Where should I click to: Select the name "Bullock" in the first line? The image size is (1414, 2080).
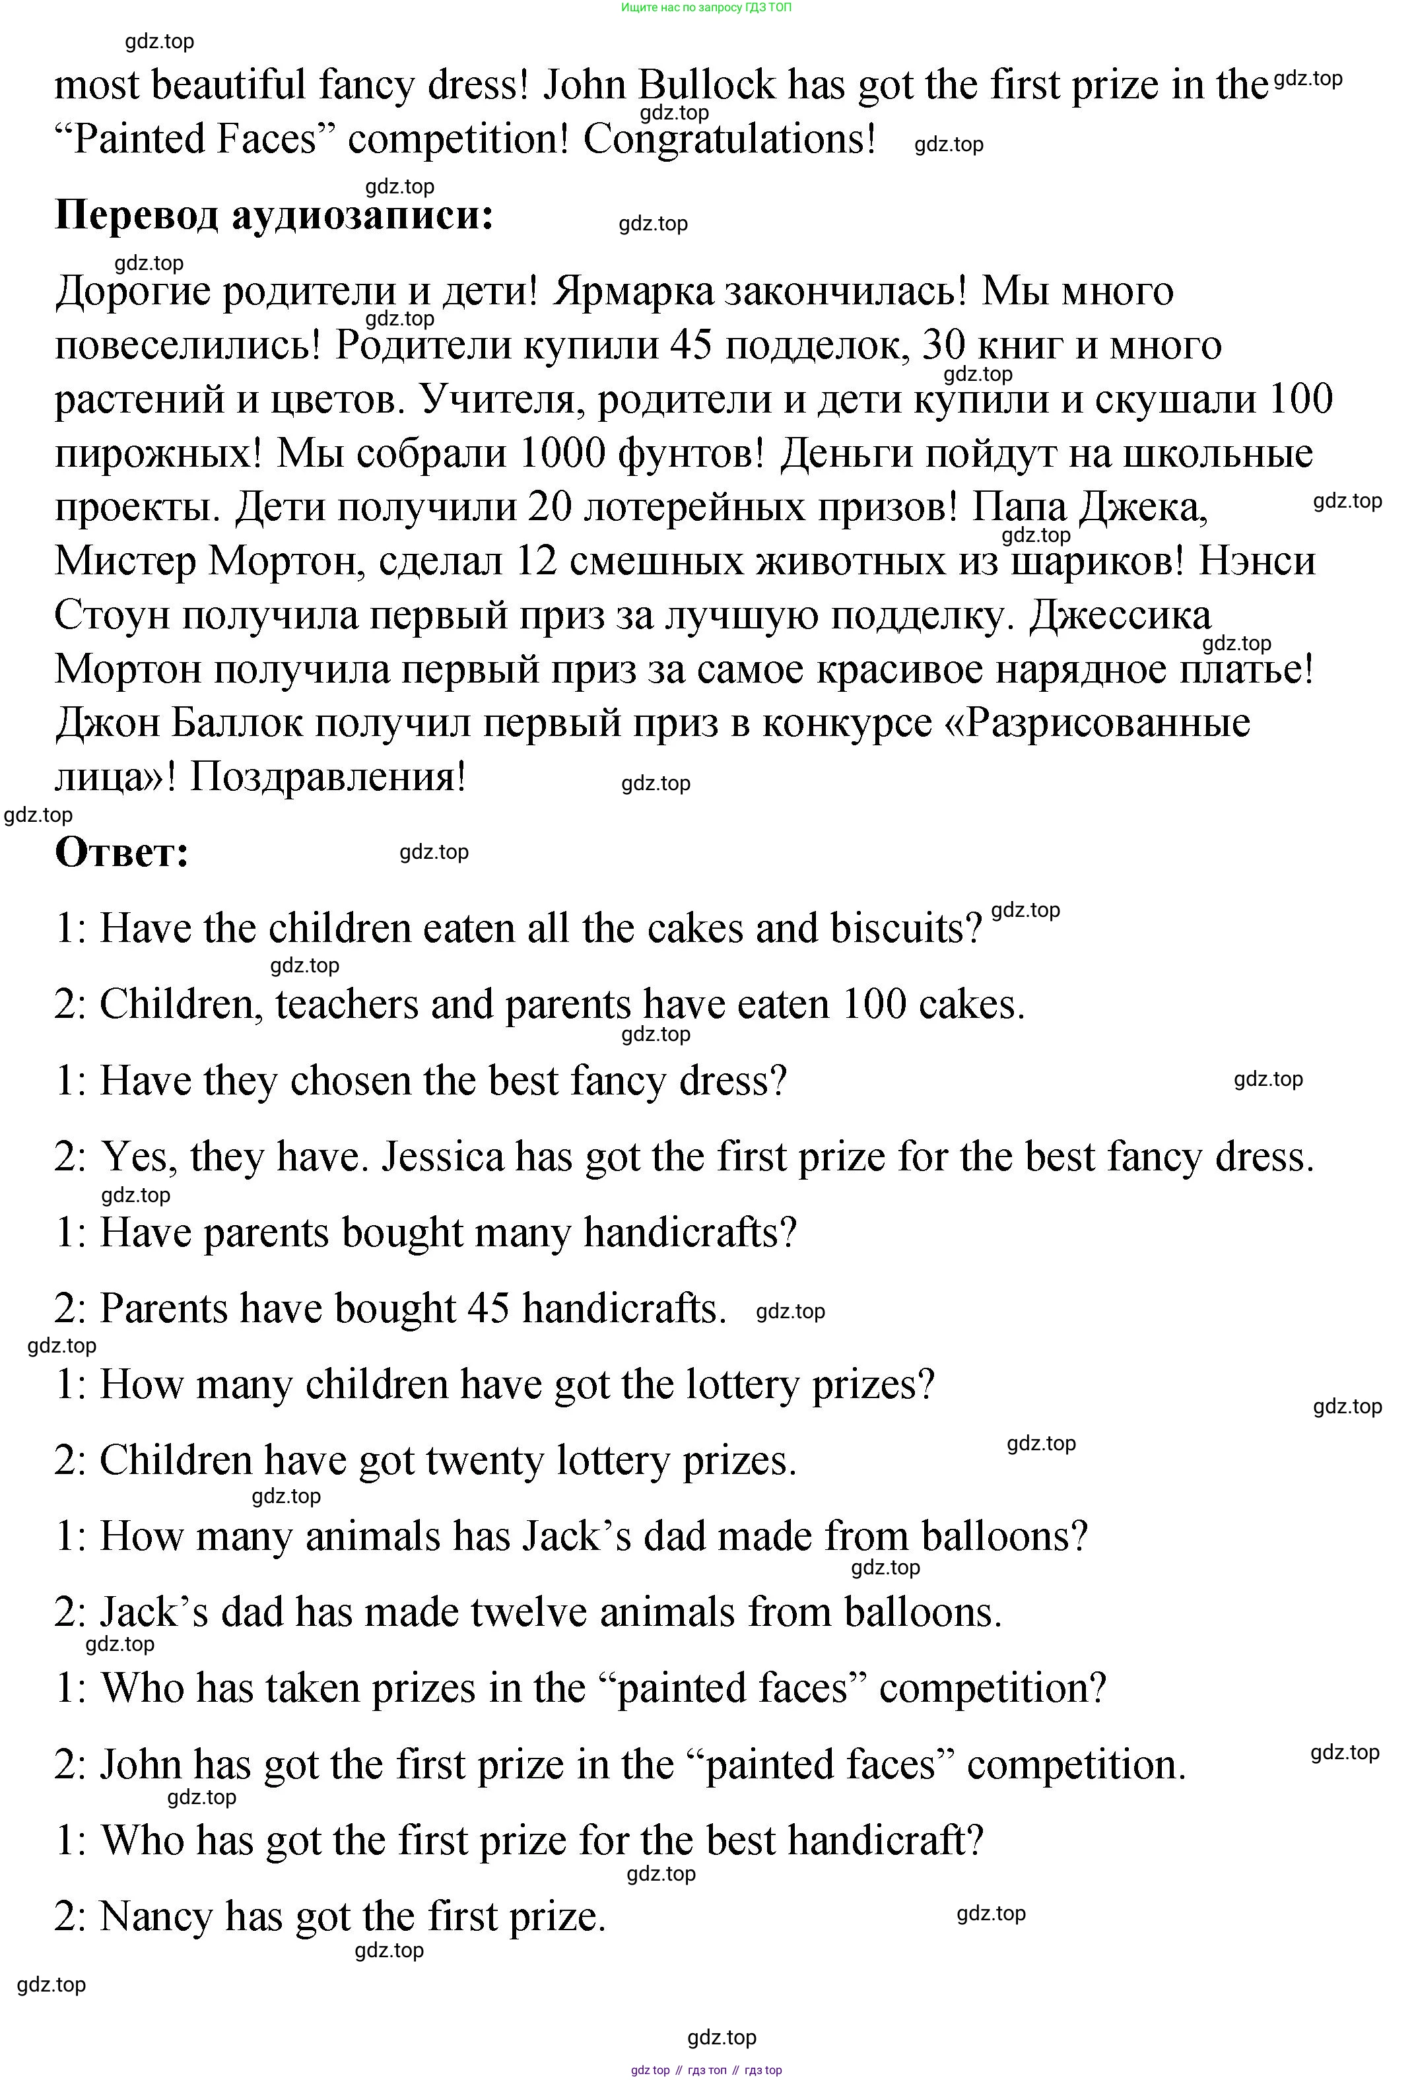click(x=707, y=86)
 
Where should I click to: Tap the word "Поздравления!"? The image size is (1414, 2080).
click(x=329, y=777)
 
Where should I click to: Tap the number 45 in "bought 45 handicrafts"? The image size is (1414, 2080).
click(x=488, y=1308)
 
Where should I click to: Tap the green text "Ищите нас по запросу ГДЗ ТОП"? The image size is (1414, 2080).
click(x=706, y=7)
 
